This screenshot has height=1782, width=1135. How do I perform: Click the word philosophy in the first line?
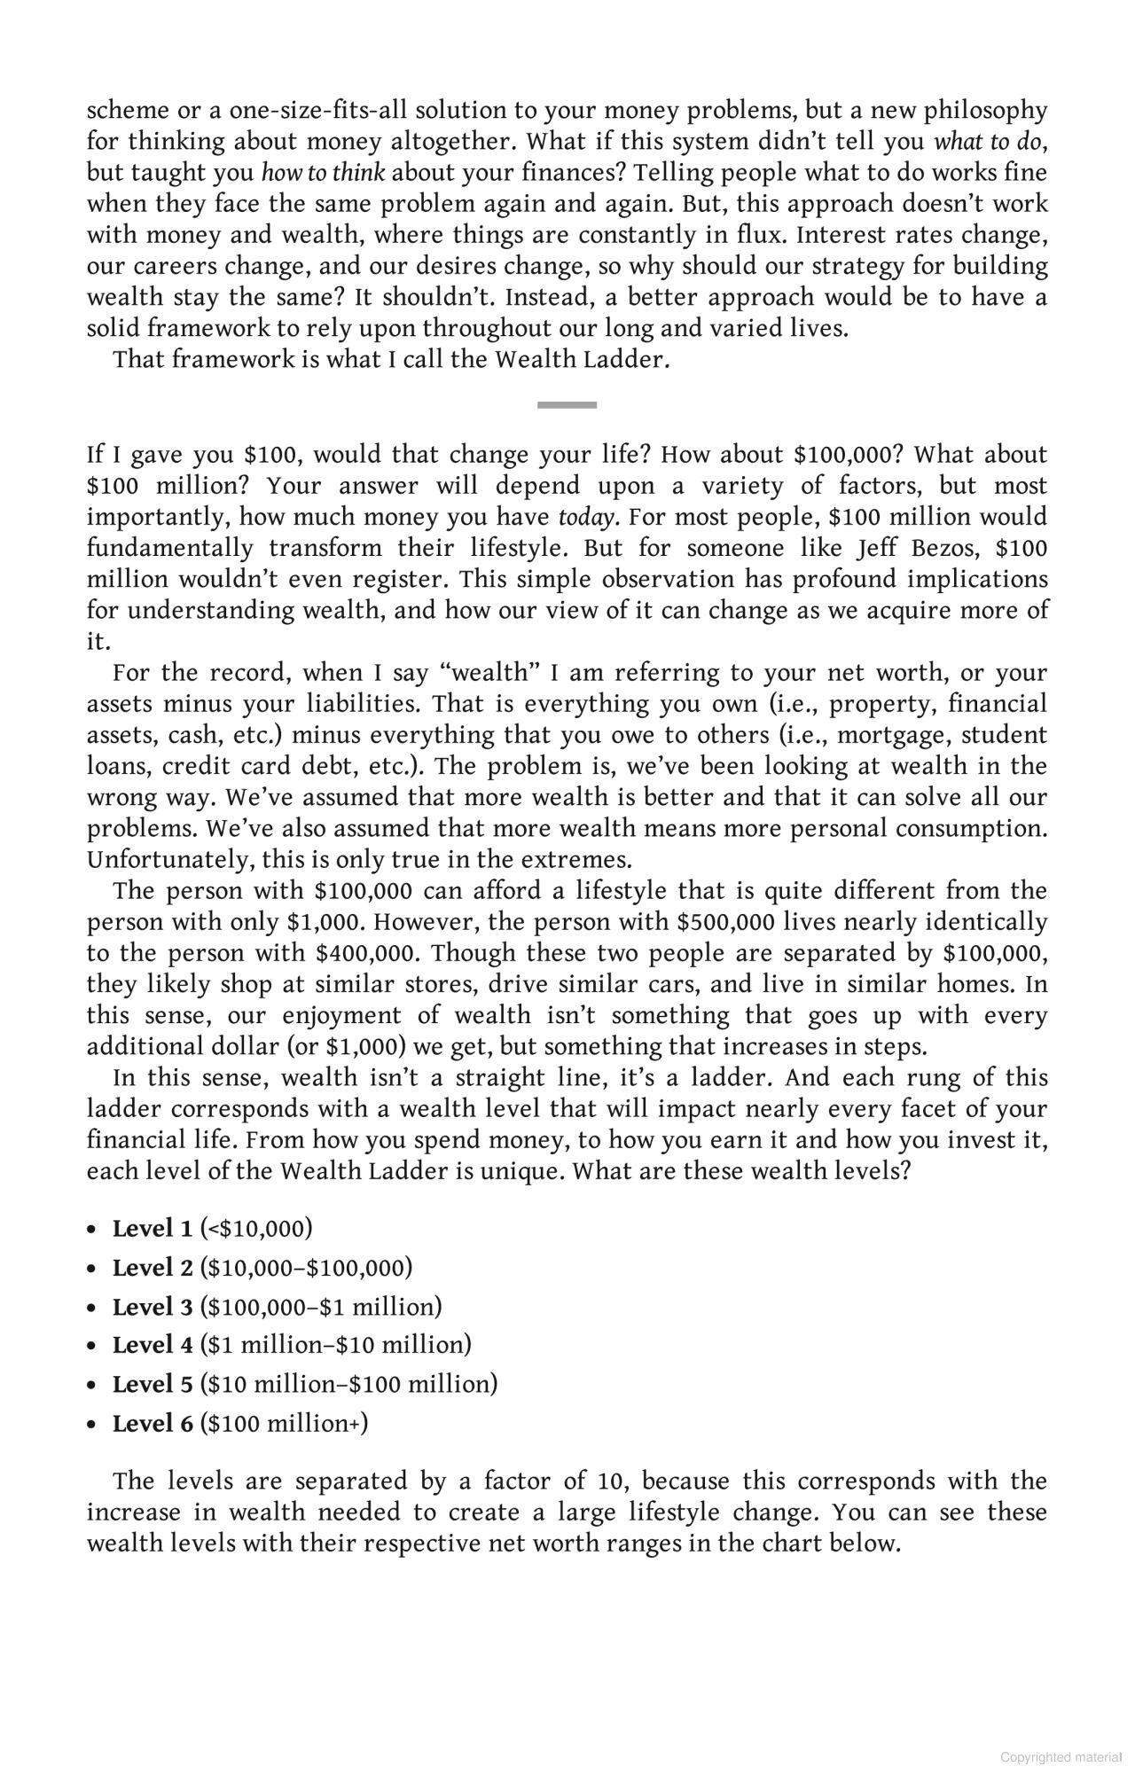pos(985,111)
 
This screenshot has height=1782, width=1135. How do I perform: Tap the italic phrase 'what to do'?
pos(988,142)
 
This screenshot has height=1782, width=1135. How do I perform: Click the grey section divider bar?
pos(567,404)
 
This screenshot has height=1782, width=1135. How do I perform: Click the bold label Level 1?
pos(152,1229)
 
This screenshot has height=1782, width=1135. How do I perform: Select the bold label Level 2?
pos(152,1268)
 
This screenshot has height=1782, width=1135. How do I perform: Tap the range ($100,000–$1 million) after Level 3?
pos(321,1307)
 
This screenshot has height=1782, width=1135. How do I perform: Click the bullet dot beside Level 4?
pos(92,1346)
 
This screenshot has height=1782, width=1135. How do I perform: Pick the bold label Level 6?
pos(152,1424)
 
